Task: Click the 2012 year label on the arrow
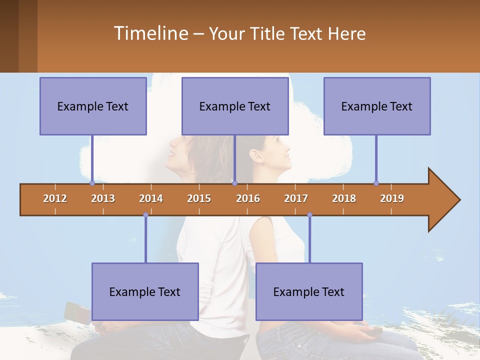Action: tap(55, 198)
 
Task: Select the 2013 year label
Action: tap(103, 198)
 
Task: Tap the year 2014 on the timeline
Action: tap(151, 198)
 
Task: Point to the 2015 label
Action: tap(199, 198)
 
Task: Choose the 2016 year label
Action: tap(248, 198)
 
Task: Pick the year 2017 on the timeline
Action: tap(296, 198)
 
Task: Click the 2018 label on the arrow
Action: tap(344, 198)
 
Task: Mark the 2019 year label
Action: tap(392, 198)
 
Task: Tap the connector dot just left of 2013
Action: tap(92, 183)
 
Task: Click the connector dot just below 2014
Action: tap(145, 215)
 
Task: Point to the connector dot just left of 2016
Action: tap(234, 183)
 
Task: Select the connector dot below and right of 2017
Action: tap(309, 215)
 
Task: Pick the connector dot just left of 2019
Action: tap(376, 183)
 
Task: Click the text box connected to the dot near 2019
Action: tap(377, 106)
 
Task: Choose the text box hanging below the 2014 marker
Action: tap(145, 291)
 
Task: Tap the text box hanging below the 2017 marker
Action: tap(309, 291)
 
